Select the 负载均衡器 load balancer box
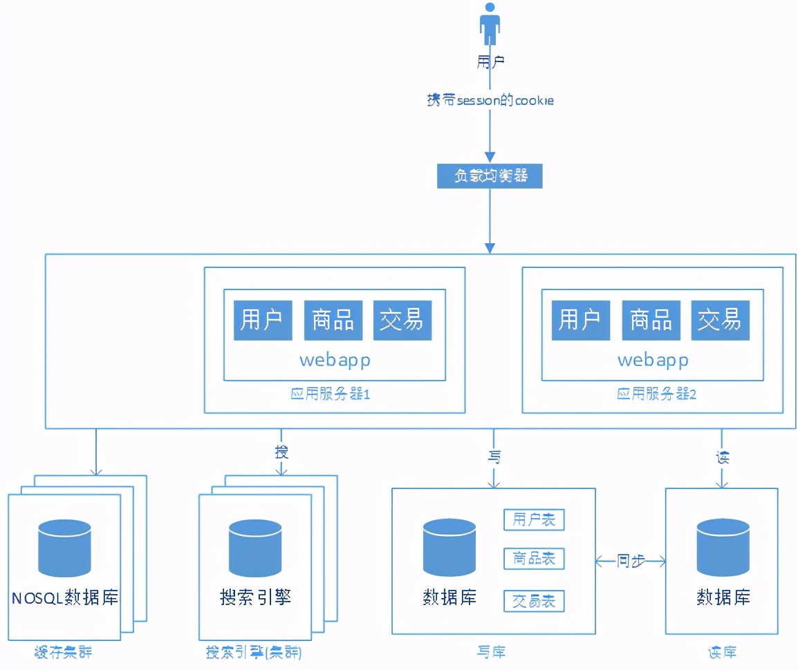point(490,176)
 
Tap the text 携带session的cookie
point(490,101)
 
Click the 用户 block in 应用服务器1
point(263,320)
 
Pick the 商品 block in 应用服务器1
point(333,320)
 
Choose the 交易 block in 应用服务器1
point(402,320)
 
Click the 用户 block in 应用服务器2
point(580,320)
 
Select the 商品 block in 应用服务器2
point(651,320)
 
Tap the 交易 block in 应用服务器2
point(720,320)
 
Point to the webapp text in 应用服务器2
point(652,360)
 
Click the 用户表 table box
point(534,520)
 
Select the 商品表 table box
point(534,558)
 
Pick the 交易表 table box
point(534,601)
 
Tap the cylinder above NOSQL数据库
point(65,548)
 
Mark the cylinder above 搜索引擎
point(255,548)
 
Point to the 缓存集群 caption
point(62,652)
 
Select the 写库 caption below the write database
point(491,652)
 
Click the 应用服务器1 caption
point(331,395)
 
